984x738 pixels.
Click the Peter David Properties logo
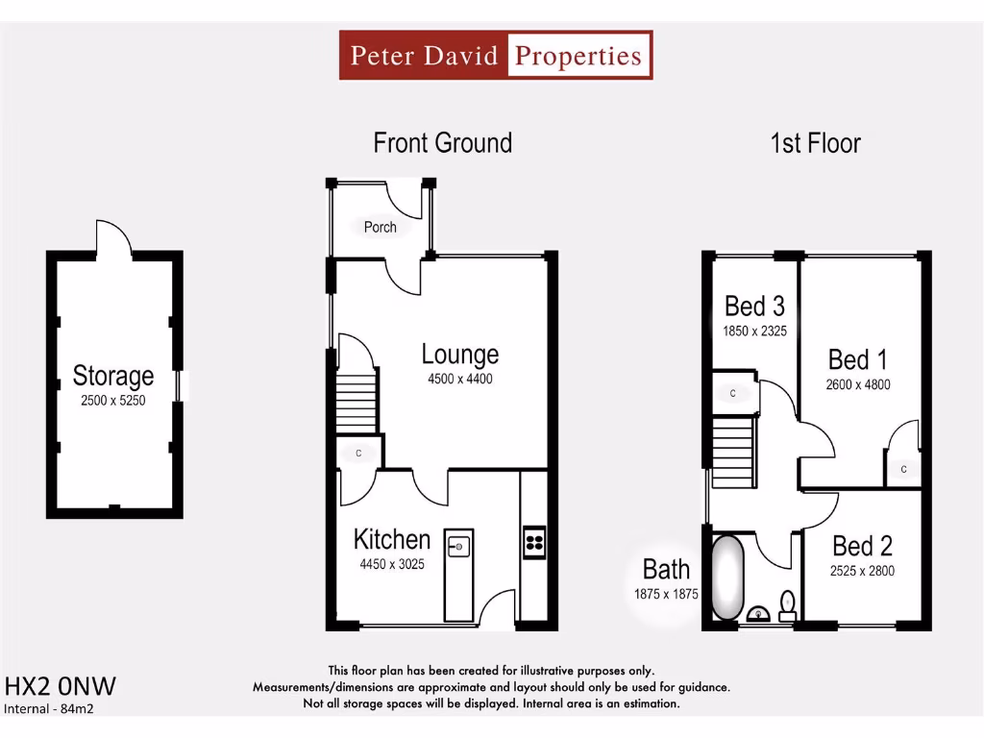click(496, 55)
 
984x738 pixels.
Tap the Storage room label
click(113, 376)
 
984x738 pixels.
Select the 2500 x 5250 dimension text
click(113, 400)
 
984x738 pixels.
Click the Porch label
click(380, 228)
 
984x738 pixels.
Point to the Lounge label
click(459, 355)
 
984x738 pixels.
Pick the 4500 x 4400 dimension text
click(460, 379)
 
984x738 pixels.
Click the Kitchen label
click(391, 538)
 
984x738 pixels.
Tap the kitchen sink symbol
click(458, 546)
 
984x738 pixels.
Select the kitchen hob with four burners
click(533, 543)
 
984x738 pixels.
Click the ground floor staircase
click(356, 403)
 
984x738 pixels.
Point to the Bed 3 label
click(754, 307)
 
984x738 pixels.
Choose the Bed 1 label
click(857, 360)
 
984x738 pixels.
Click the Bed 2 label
click(862, 547)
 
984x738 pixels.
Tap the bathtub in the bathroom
click(726, 578)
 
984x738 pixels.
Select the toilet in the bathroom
click(787, 605)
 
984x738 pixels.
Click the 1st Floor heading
click(815, 143)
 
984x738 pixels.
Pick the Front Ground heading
click(442, 143)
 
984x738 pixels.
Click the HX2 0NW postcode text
click(61, 686)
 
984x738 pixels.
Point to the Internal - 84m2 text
click(50, 709)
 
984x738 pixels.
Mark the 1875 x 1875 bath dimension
click(666, 594)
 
